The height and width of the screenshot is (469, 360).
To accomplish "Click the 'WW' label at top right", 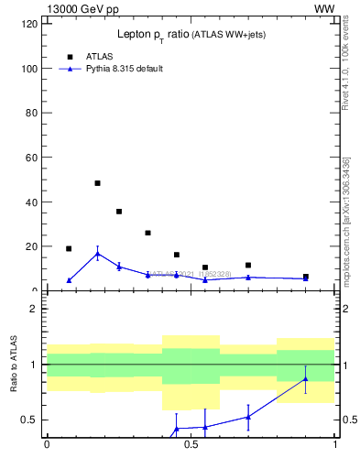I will (x=324, y=8).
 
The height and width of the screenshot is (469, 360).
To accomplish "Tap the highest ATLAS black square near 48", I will (x=97, y=183).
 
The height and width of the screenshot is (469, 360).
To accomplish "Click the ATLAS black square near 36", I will (x=119, y=212).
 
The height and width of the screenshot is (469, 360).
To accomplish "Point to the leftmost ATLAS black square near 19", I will (x=69, y=248).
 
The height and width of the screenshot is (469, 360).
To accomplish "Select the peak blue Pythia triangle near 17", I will (x=97, y=254).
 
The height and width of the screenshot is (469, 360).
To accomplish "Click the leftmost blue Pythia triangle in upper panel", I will (x=69, y=280).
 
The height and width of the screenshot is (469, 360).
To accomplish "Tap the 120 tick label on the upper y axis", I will (x=29, y=24).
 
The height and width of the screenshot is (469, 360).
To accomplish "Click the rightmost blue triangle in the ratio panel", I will (x=306, y=379).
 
